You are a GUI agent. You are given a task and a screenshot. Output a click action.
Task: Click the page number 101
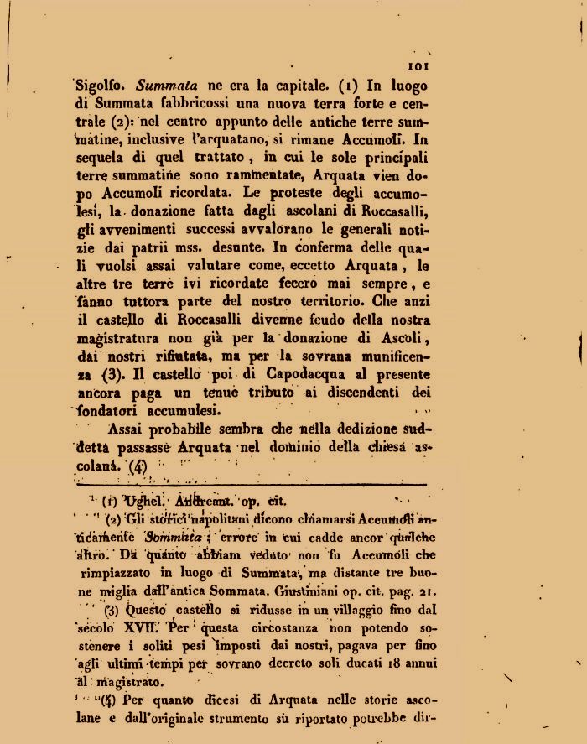[x=417, y=67]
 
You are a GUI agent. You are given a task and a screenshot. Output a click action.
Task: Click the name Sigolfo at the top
[x=102, y=86]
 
